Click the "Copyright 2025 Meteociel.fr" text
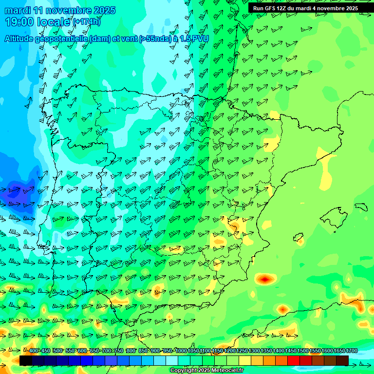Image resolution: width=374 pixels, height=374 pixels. pos(206,371)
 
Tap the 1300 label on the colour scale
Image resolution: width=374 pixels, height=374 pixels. pos(254,351)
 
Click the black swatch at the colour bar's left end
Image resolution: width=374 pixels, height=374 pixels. pos(26,360)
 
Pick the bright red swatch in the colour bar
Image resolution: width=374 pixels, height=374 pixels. pos(294,360)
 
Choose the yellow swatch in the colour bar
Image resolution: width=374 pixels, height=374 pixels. pos(245,360)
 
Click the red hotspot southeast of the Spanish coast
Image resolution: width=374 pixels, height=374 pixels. pos(264,279)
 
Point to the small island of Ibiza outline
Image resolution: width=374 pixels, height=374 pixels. pos(298,238)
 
